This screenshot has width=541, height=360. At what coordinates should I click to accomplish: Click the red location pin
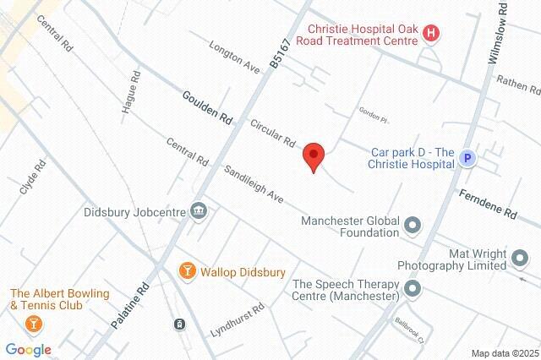(x=314, y=156)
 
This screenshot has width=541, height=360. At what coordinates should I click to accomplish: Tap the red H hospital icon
(x=432, y=34)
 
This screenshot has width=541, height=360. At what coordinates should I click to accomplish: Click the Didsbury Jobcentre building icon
(x=199, y=210)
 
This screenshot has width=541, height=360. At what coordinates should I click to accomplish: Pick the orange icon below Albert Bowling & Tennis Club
(x=33, y=322)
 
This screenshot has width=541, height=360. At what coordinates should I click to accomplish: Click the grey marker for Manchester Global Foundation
(x=413, y=225)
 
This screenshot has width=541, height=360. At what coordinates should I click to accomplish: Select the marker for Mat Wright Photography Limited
(x=520, y=257)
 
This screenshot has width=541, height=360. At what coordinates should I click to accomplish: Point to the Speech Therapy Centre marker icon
(x=413, y=289)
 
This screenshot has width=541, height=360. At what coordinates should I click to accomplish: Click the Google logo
(x=28, y=349)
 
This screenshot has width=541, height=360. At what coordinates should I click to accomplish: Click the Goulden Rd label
(x=206, y=106)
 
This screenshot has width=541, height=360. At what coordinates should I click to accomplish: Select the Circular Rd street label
(x=272, y=130)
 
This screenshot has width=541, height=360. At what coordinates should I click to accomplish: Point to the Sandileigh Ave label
(x=253, y=181)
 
